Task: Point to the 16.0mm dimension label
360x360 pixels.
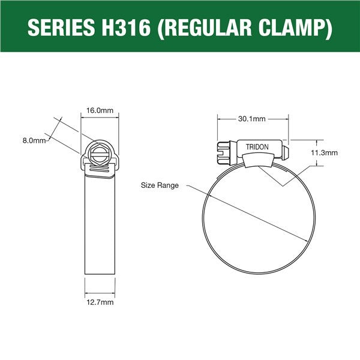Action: click(x=100, y=111)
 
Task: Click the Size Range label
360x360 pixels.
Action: click(x=160, y=185)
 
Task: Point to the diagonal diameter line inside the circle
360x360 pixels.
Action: click(x=258, y=216)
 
